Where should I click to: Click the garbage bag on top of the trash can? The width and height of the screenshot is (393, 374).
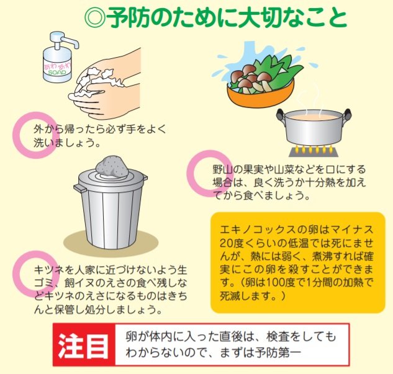point(111,166)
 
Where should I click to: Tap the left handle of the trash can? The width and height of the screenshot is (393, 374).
point(79,187)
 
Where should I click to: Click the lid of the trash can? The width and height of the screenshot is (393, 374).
point(111,180)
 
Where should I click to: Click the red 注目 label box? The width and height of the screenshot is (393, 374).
point(84,345)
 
